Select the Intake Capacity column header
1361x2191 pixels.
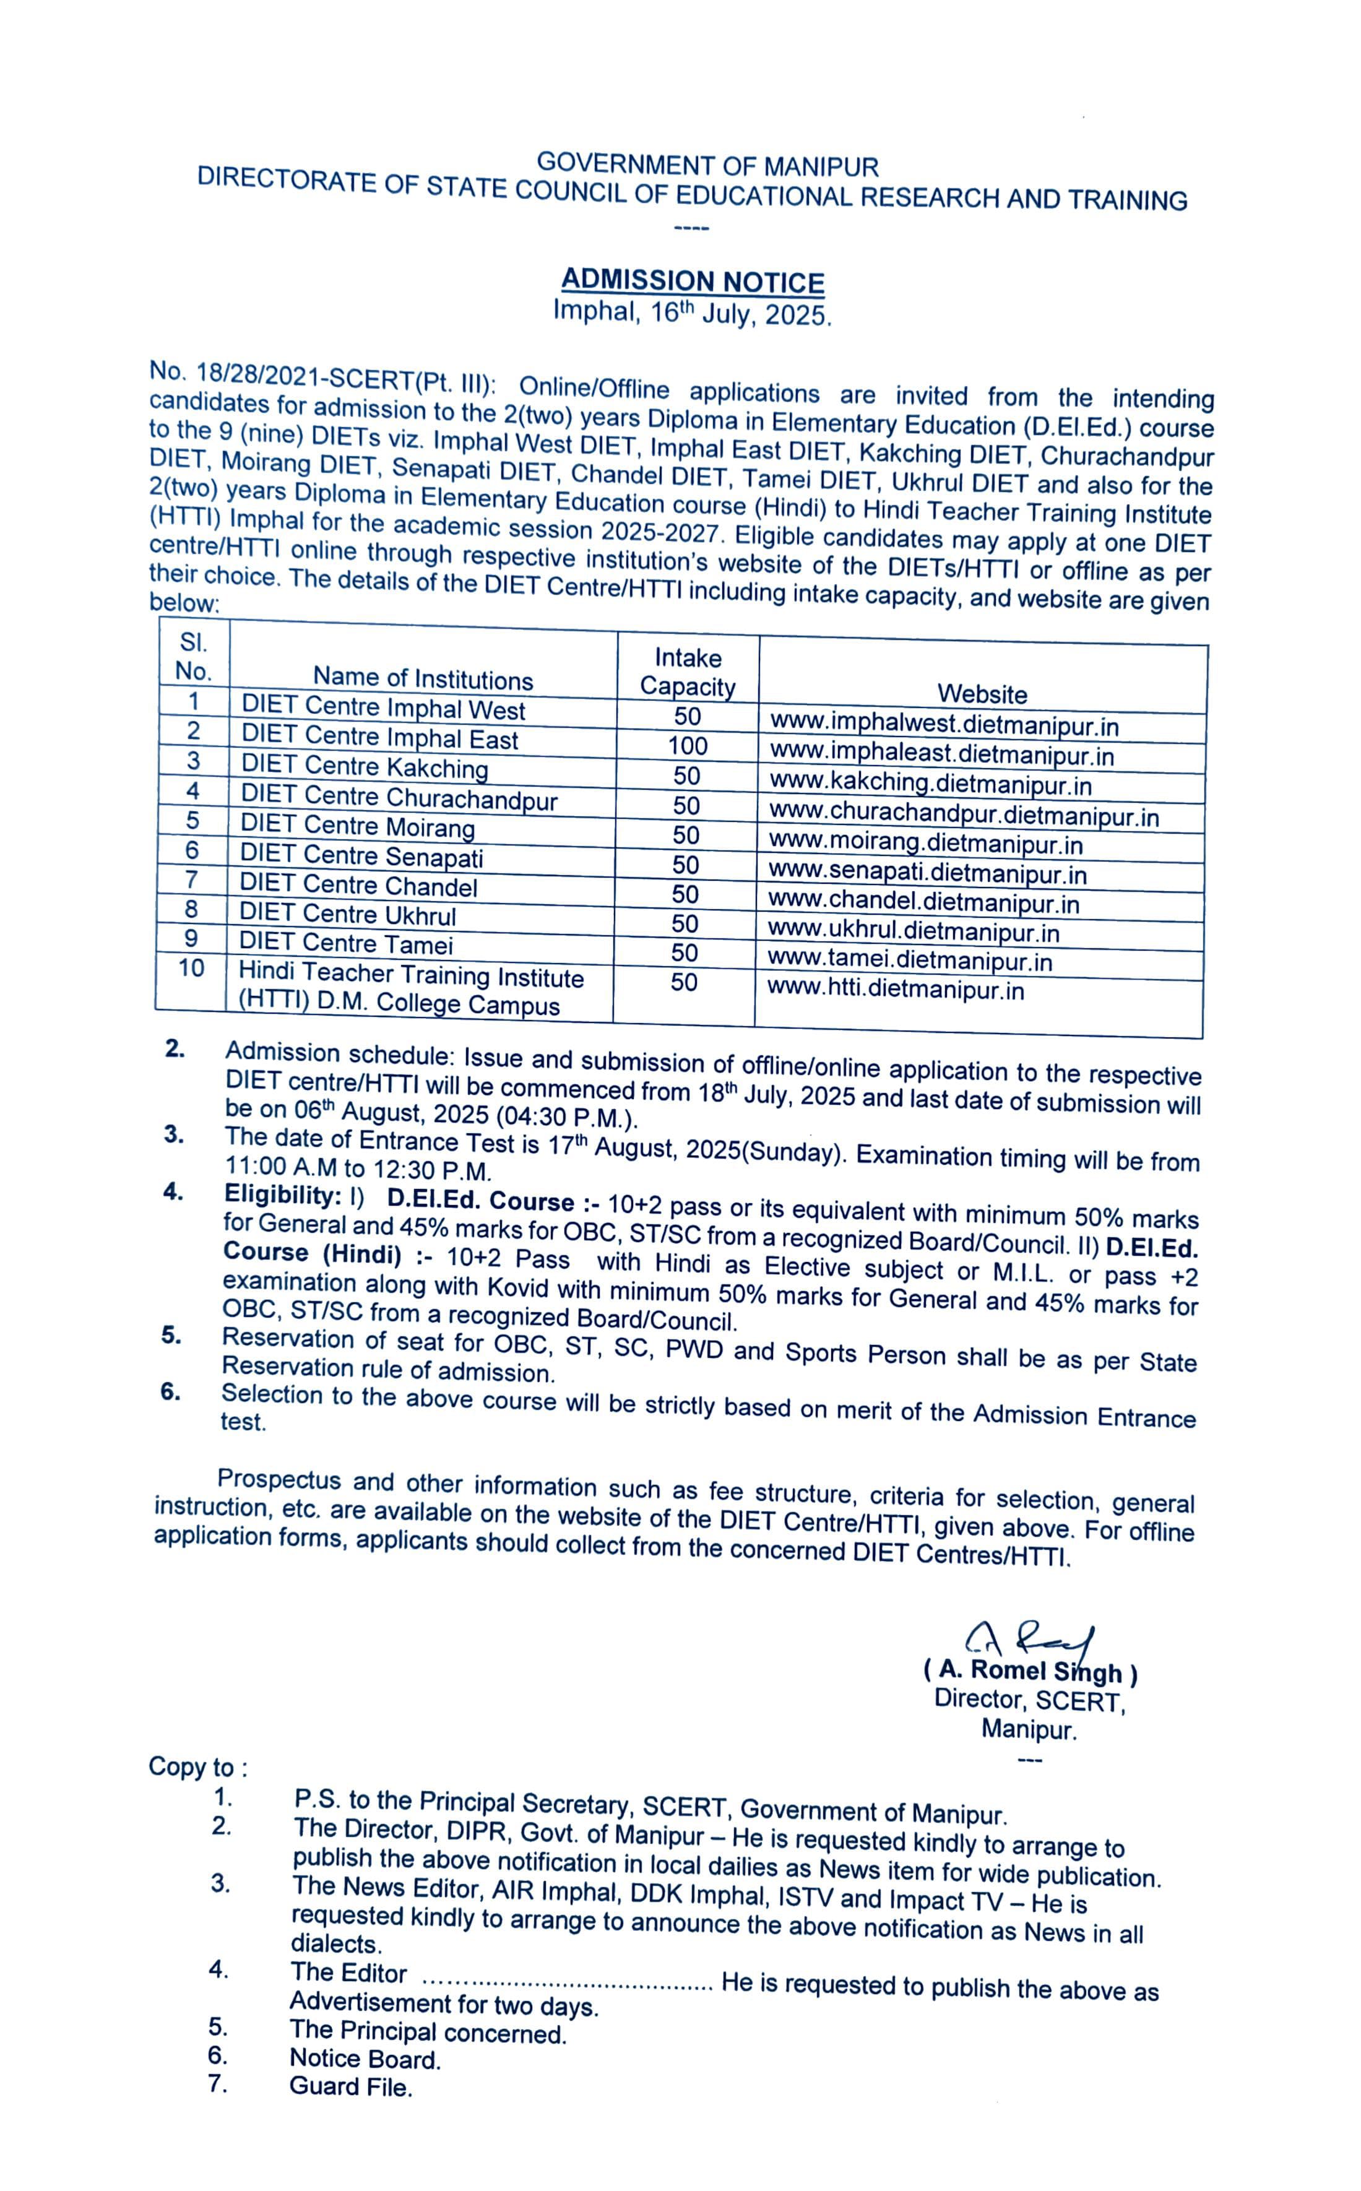click(x=688, y=672)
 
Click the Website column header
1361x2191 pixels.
click(x=982, y=694)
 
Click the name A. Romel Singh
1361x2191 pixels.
click(x=1030, y=1672)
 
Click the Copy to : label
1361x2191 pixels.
click(x=198, y=1767)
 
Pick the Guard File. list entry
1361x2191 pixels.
click(x=350, y=2086)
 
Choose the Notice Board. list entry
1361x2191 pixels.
click(x=365, y=2059)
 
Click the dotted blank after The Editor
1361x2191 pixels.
click(x=567, y=1981)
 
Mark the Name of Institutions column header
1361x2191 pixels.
click(x=423, y=679)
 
